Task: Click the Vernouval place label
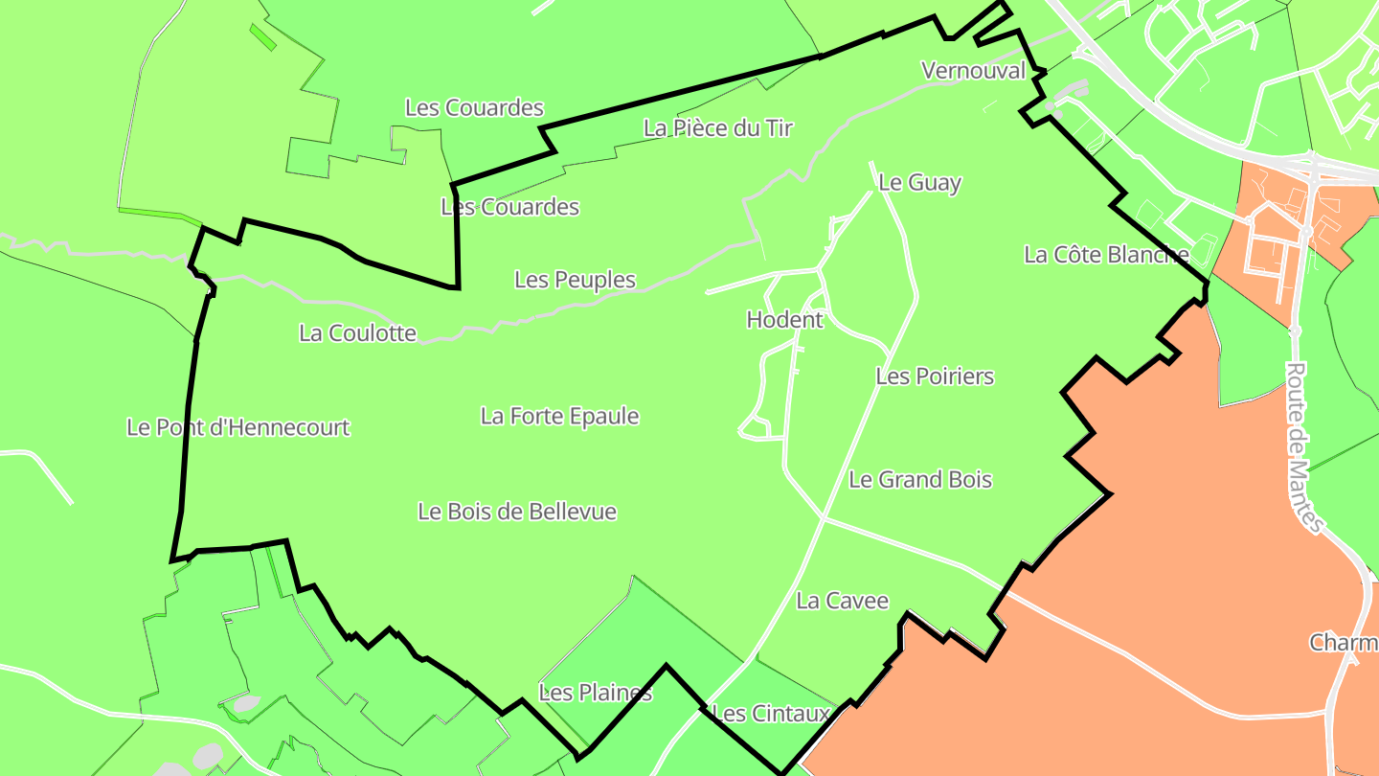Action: pyautogui.click(x=973, y=70)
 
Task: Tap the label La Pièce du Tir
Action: pyautogui.click(x=718, y=127)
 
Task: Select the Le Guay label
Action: pyautogui.click(x=919, y=182)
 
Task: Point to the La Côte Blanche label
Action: pyautogui.click(x=1106, y=254)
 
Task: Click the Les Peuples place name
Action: pyautogui.click(x=575, y=279)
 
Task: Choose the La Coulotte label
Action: pyautogui.click(x=357, y=332)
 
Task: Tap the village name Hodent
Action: pyautogui.click(x=784, y=319)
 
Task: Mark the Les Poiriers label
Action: pyautogui.click(x=935, y=376)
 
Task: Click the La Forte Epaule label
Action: pyautogui.click(x=559, y=416)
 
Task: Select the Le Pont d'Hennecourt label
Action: pyautogui.click(x=238, y=427)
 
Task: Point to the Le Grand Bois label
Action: pyautogui.click(x=920, y=479)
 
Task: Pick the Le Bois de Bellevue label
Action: pyautogui.click(x=517, y=512)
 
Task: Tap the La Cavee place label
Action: pyautogui.click(x=843, y=601)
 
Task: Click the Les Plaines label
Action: pyautogui.click(x=596, y=692)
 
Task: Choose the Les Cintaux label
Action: pyautogui.click(x=772, y=713)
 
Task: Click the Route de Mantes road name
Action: pyautogui.click(x=1303, y=446)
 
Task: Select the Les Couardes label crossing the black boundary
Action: pyautogui.click(x=510, y=206)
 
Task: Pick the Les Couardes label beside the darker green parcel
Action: pyautogui.click(x=474, y=107)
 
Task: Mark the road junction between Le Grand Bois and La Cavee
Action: pyautogui.click(x=825, y=519)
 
